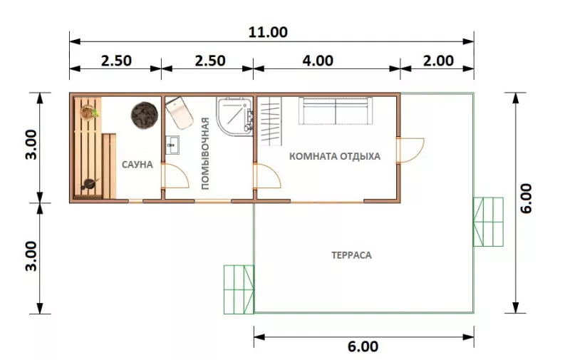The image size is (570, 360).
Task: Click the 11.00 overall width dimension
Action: [x=268, y=32]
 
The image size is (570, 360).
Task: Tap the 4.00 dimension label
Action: [x=318, y=61]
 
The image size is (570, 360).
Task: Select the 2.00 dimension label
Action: [x=438, y=61]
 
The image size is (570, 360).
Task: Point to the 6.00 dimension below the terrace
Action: [x=363, y=346]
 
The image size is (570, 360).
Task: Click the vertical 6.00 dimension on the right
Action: [x=526, y=198]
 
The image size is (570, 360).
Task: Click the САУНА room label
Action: [x=137, y=165]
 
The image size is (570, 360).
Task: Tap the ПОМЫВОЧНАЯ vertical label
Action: [x=205, y=153]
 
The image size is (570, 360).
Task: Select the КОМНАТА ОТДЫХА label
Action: [x=335, y=156]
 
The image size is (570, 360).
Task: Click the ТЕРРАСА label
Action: [x=351, y=255]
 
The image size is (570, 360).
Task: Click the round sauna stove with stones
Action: [x=145, y=115]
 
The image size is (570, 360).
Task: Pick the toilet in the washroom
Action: [x=180, y=113]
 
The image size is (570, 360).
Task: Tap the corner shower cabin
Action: [x=234, y=116]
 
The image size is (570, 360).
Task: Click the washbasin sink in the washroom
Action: [x=172, y=145]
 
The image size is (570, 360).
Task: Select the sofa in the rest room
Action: [x=336, y=110]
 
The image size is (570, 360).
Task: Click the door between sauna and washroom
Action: [x=175, y=176]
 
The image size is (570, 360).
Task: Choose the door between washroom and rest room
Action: [x=267, y=176]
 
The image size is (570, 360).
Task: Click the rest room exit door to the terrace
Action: [x=410, y=150]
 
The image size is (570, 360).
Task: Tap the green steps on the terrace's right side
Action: [x=488, y=222]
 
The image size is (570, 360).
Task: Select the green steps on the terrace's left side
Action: [x=239, y=289]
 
